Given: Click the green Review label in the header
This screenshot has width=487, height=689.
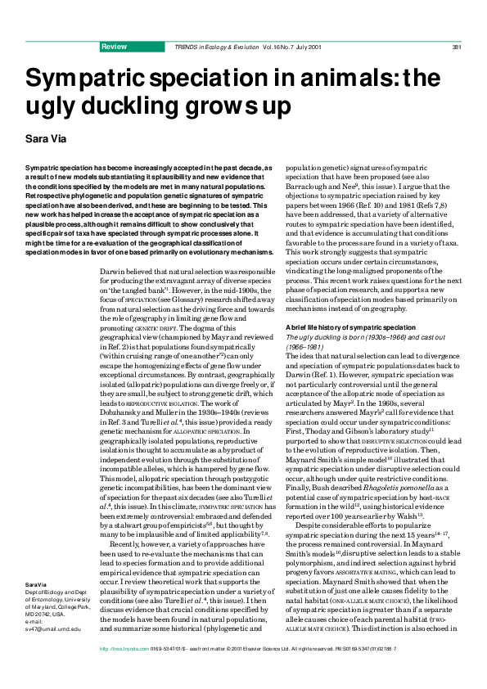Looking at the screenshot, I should point(113,47).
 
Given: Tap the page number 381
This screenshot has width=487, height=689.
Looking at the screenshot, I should point(458,47).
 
